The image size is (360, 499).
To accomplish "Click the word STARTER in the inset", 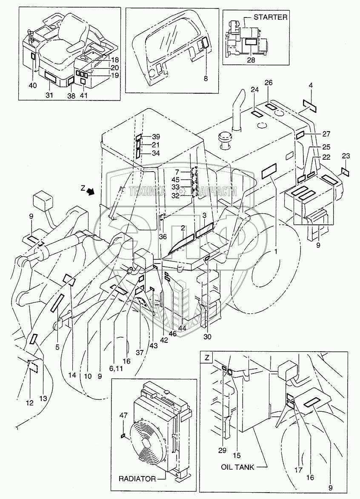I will point(271,17).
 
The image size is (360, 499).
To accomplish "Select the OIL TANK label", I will point(237,467).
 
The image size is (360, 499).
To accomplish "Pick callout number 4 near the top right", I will point(311,86).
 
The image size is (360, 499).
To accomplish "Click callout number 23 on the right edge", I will point(346,156).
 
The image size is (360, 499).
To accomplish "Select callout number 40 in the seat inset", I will point(33,86).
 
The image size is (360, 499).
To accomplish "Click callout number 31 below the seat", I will point(49,95).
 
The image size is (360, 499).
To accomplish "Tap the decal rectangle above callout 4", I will point(310,104).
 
